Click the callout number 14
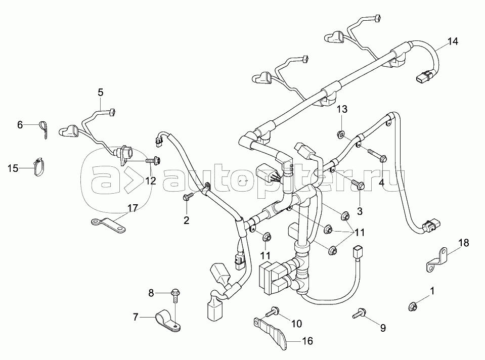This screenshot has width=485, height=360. point(453,42)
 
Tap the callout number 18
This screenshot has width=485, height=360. point(464,243)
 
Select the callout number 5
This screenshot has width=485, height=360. point(100,92)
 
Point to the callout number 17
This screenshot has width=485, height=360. point(133,208)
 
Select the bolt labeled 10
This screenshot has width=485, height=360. point(273,311)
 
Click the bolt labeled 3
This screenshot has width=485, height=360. point(358,186)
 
